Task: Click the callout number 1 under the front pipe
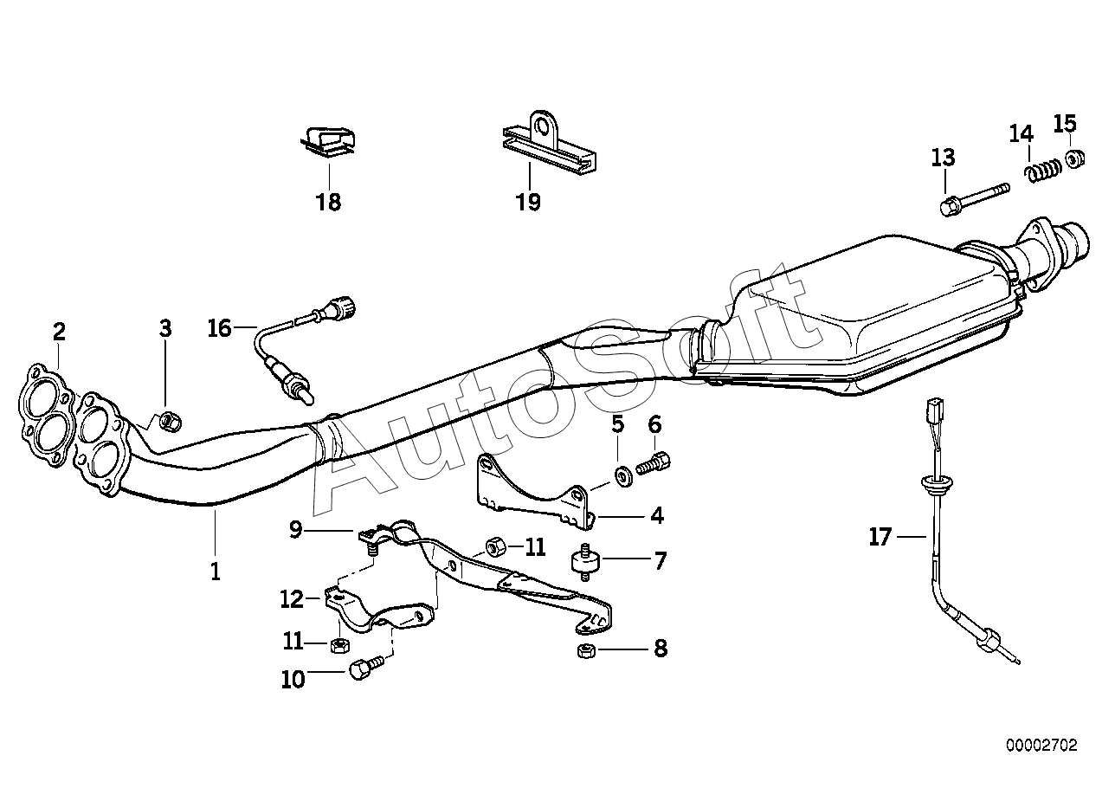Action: pyautogui.click(x=215, y=571)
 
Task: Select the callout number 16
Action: pyautogui.click(x=220, y=328)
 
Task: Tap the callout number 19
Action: pyautogui.click(x=527, y=203)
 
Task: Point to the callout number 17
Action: pyautogui.click(x=880, y=538)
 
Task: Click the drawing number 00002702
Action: pyautogui.click(x=1041, y=745)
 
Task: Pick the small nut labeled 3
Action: pyautogui.click(x=171, y=421)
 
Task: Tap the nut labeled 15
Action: pyautogui.click(x=1073, y=159)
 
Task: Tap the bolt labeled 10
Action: pyautogui.click(x=362, y=669)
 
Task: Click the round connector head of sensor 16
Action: pyautogui.click(x=343, y=307)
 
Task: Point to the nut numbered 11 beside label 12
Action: pyautogui.click(x=340, y=645)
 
